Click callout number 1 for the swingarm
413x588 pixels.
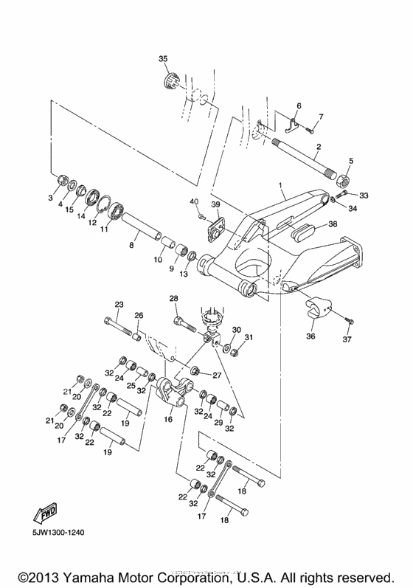(280, 179)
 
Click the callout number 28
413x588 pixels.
(174, 299)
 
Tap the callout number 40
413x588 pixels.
(194, 201)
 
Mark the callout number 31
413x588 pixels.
(249, 337)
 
